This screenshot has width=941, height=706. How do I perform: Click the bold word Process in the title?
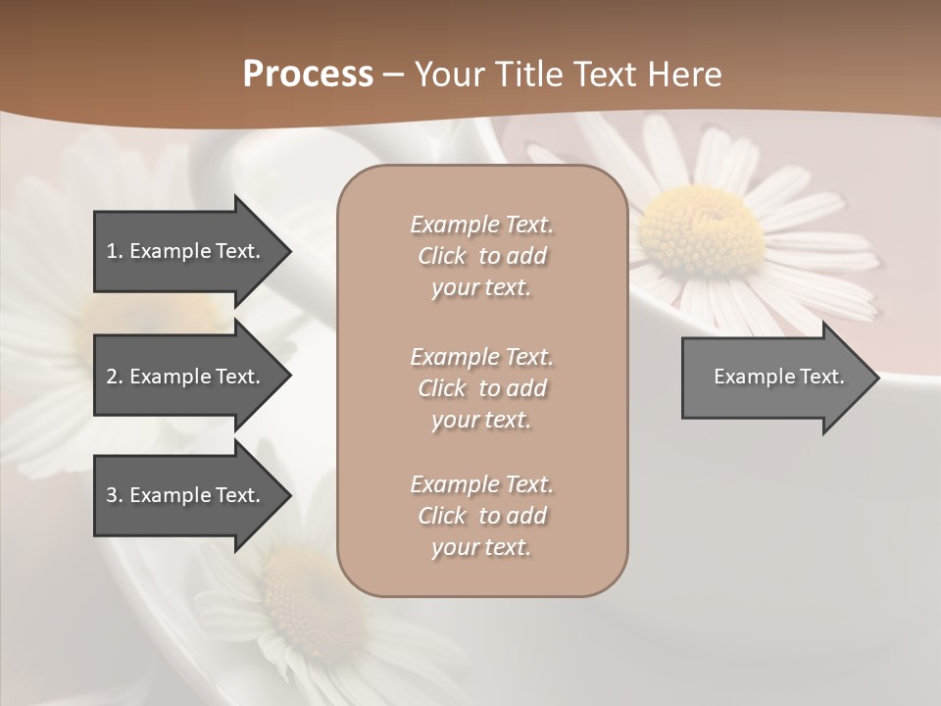click(x=308, y=75)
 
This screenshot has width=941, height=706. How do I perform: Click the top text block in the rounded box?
click(x=481, y=256)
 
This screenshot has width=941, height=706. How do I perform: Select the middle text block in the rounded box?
click(x=481, y=388)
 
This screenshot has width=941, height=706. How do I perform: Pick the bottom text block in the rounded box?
click(x=481, y=516)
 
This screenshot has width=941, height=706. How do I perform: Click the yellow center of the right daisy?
click(x=701, y=228)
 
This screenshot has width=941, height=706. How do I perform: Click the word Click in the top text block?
click(x=441, y=256)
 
